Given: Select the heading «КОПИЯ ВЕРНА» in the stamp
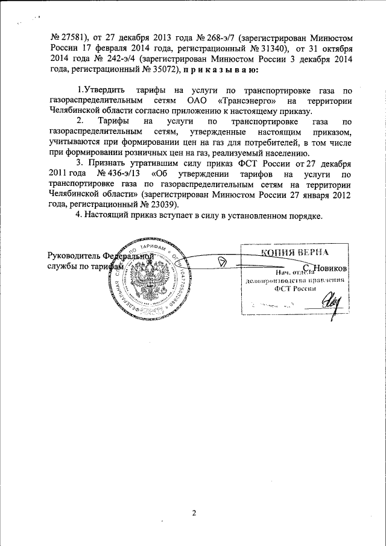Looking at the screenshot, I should (x=295, y=253).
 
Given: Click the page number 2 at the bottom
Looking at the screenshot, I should (x=194, y=513).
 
